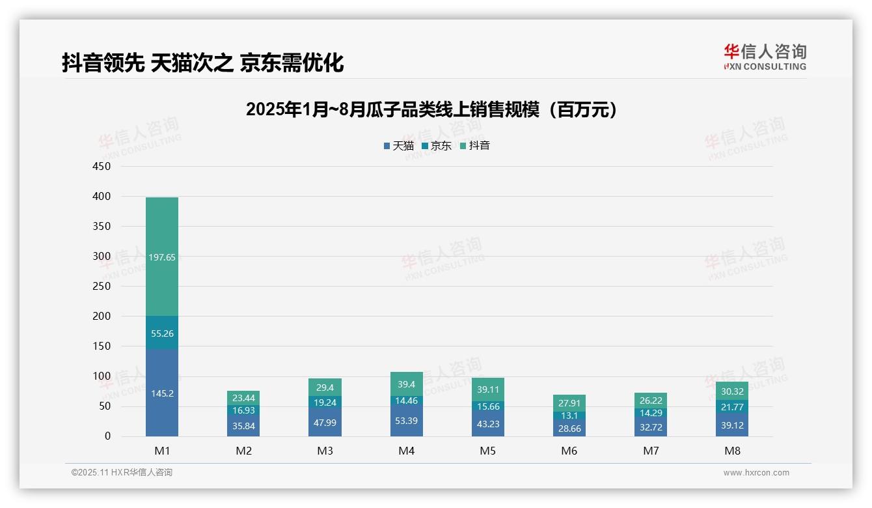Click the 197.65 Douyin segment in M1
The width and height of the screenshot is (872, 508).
coord(162,257)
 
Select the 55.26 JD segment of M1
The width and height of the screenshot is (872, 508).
coord(162,333)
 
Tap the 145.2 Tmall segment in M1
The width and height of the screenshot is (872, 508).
coord(162,393)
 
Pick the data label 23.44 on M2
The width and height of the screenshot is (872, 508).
coord(243,398)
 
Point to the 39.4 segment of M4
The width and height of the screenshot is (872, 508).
coord(406,384)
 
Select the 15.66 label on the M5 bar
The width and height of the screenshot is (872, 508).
coord(487,406)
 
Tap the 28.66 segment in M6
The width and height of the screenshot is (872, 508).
coord(569,428)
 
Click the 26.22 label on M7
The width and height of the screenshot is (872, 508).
coord(651,401)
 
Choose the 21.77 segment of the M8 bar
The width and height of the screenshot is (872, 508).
coord(732,407)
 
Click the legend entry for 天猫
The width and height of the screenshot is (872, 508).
coord(399,146)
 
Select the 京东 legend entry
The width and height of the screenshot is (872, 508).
coord(437,146)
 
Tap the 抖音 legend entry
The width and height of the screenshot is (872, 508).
coord(475,146)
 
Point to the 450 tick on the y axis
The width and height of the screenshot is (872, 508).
coord(102,167)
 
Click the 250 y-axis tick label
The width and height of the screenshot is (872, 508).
coord(102,287)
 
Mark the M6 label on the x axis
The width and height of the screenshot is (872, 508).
coord(569,451)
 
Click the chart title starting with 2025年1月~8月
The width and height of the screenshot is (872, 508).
coord(431,110)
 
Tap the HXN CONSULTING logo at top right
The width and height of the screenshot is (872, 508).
coord(765,57)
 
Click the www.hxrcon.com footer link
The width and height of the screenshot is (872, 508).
coord(756,473)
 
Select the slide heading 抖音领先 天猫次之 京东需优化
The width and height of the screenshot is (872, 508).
coord(203,63)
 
